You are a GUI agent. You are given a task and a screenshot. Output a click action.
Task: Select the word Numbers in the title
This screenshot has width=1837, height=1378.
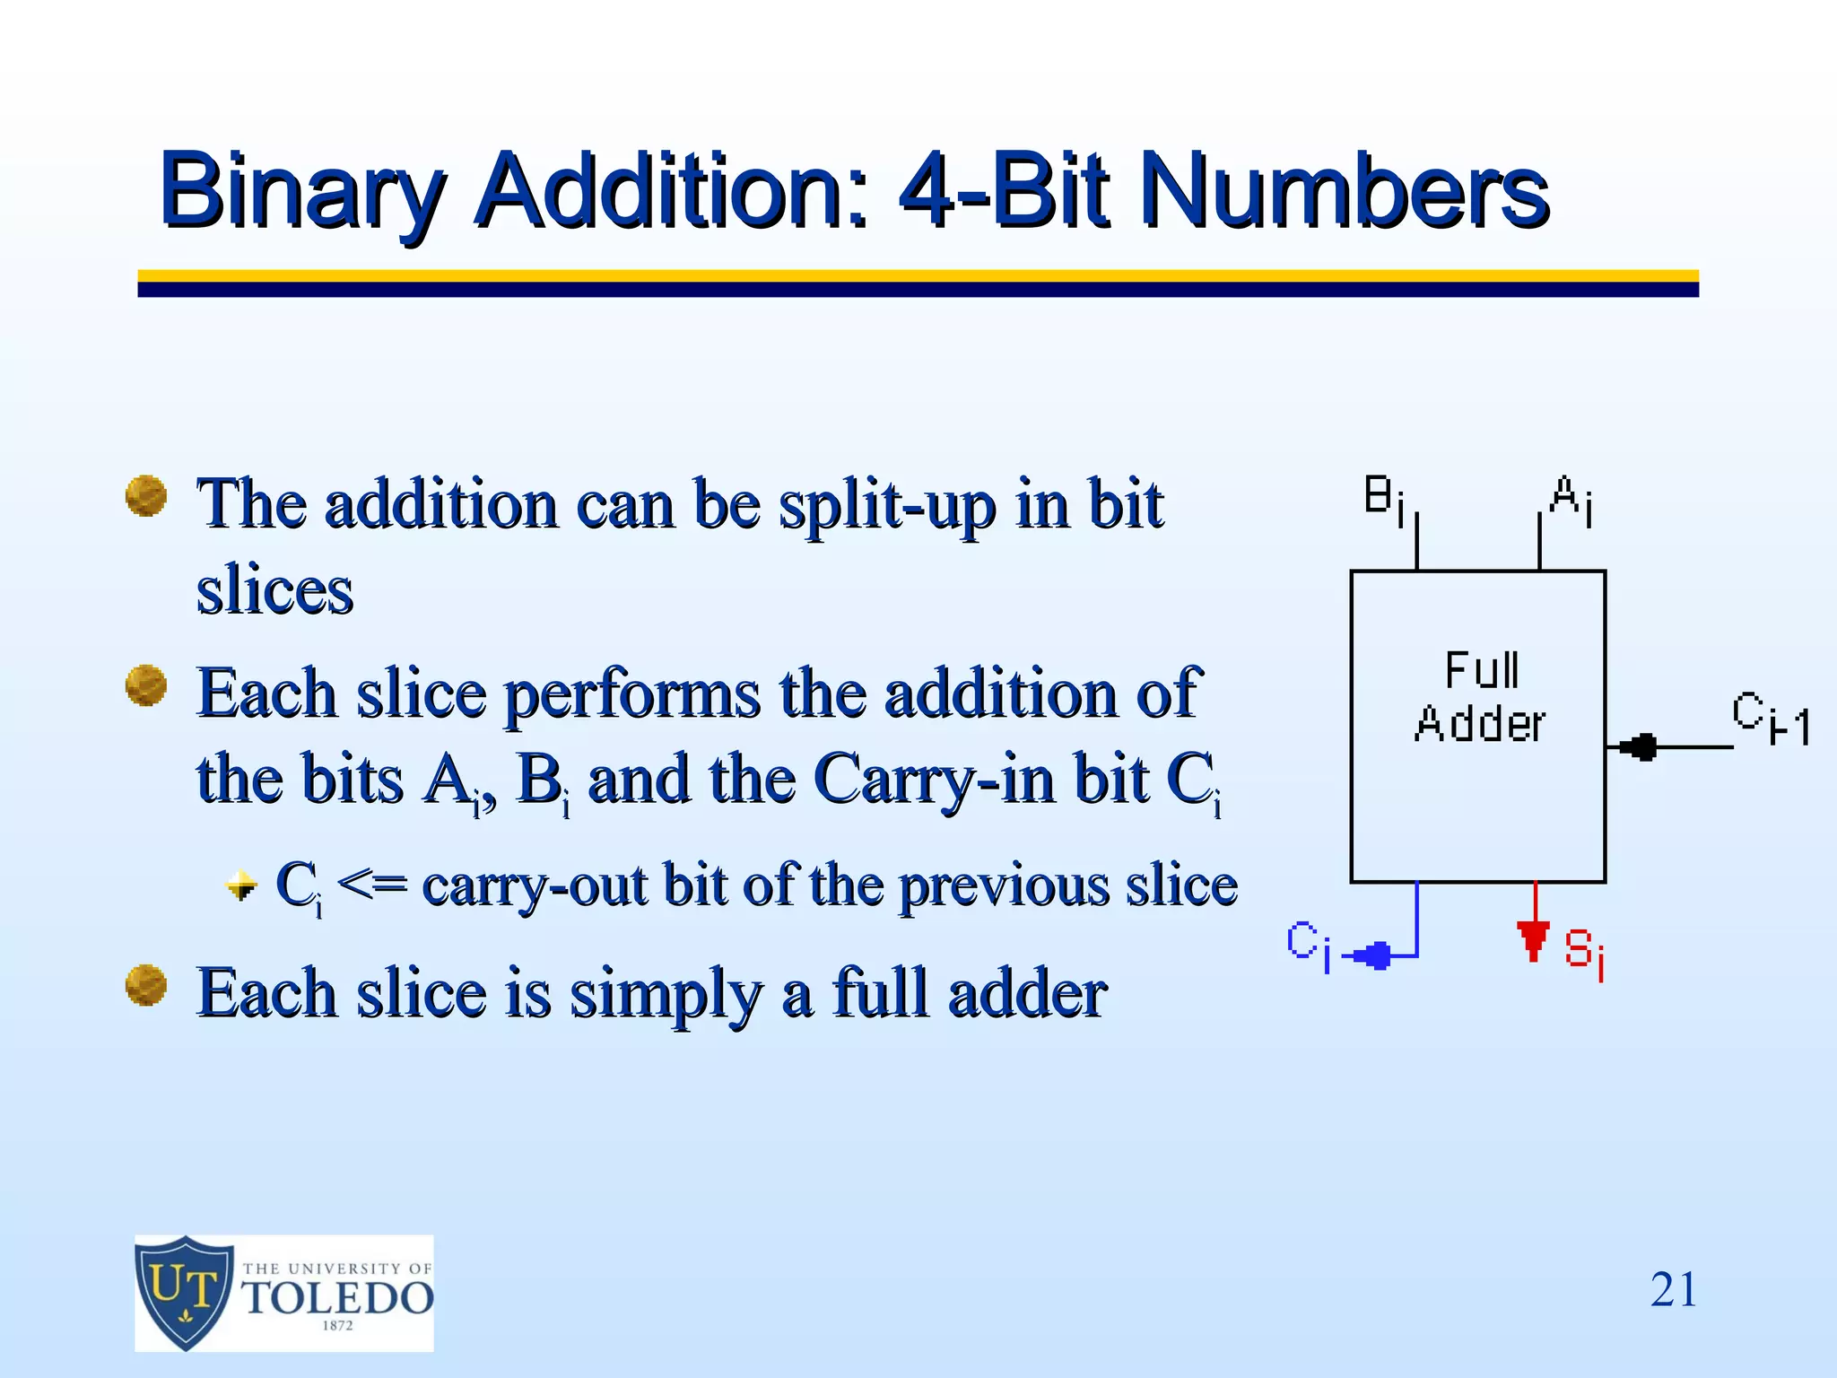click(x=1345, y=191)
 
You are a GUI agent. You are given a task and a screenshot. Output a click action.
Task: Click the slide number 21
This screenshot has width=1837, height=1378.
click(x=1674, y=1290)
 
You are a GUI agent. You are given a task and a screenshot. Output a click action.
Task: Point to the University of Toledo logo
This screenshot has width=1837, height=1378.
click(x=283, y=1293)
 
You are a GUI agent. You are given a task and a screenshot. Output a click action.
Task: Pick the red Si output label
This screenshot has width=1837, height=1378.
click(x=1584, y=952)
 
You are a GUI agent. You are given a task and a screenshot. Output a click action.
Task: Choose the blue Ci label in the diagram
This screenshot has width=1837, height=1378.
click(x=1308, y=945)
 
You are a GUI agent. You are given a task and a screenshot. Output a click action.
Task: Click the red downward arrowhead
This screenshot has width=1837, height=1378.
click(x=1534, y=939)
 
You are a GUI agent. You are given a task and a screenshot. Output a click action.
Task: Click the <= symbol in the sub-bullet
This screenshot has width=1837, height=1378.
click(x=372, y=885)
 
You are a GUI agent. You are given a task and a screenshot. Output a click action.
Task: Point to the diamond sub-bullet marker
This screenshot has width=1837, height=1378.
click(x=240, y=885)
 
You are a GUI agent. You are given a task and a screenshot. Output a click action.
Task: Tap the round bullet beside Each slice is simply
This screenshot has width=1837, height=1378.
click(x=146, y=985)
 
